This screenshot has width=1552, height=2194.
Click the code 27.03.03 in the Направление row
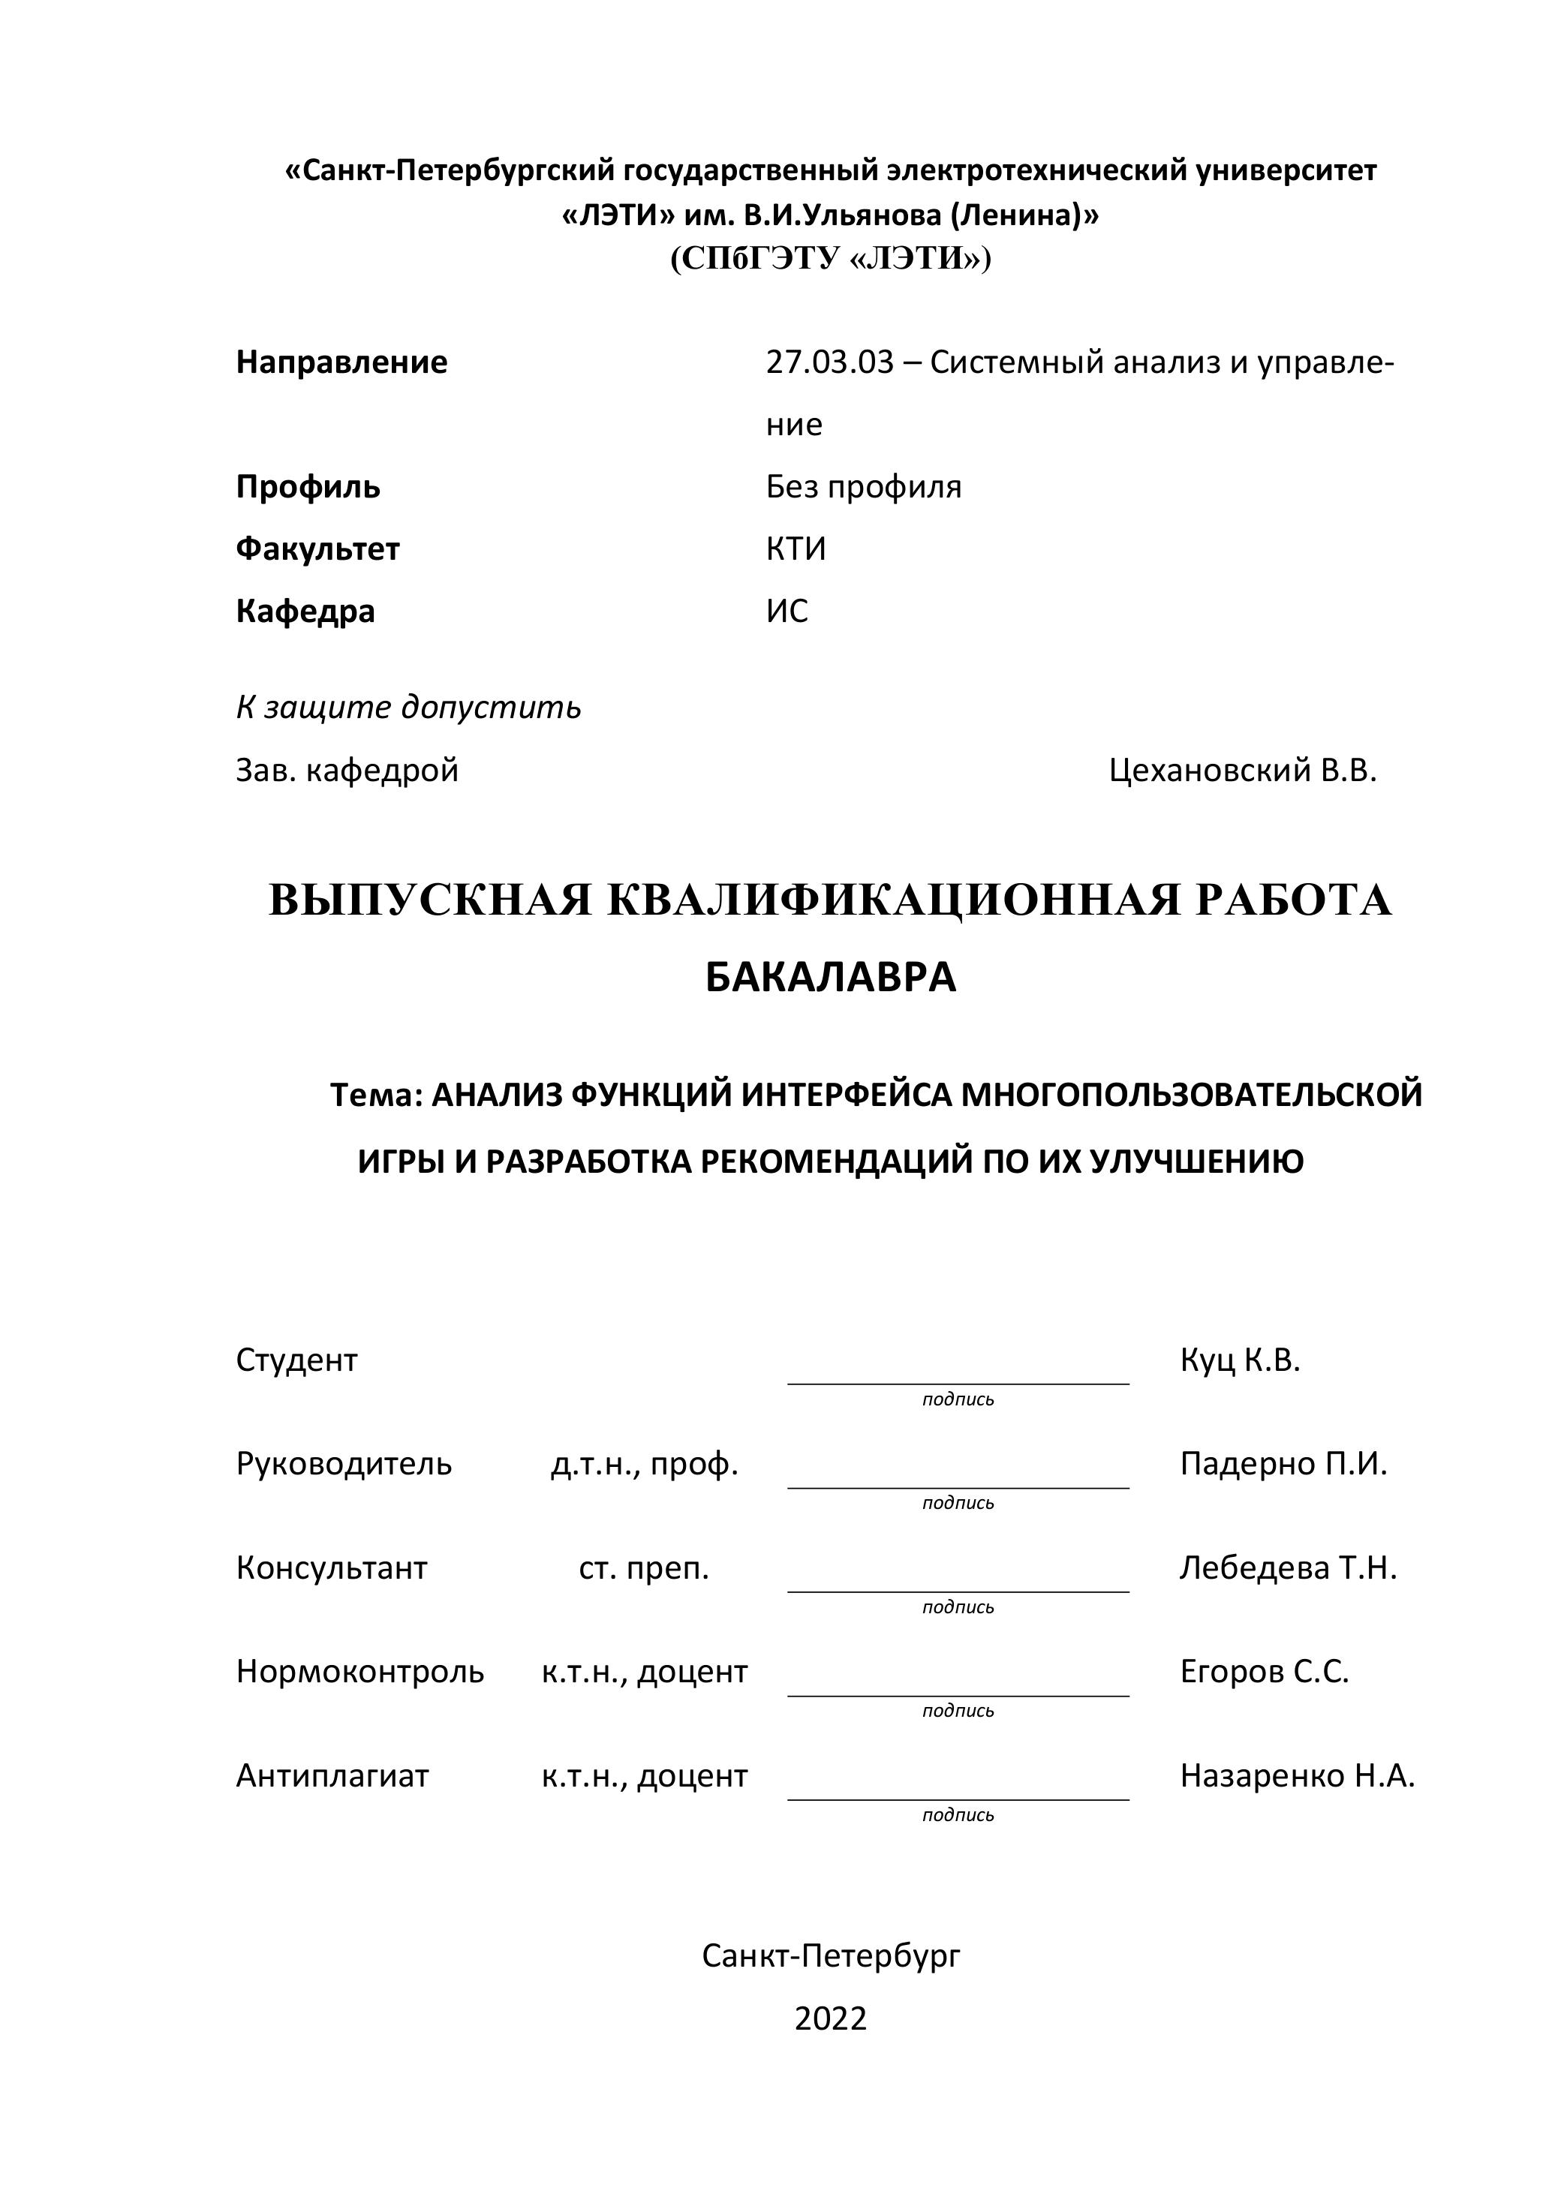[x=829, y=362]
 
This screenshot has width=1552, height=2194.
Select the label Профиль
[x=308, y=487]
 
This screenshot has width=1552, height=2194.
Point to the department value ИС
[x=787, y=612]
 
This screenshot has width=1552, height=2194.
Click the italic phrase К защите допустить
[x=408, y=708]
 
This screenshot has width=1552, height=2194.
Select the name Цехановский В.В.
[x=1242, y=770]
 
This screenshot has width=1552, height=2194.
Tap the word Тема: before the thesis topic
[x=375, y=1095]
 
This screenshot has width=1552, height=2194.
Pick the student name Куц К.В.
[x=1240, y=1360]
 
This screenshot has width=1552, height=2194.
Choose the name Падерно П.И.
[x=1283, y=1464]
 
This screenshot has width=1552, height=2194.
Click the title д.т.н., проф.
[x=644, y=1464]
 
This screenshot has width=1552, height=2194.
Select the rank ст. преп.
[x=644, y=1568]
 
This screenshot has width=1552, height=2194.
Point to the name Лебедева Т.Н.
[x=1287, y=1568]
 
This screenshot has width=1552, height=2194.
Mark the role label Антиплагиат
[x=332, y=1776]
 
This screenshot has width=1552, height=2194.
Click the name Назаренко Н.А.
[x=1296, y=1776]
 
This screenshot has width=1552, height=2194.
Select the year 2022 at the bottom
[x=831, y=2019]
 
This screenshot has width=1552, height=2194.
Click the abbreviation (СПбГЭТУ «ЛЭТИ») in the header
[x=831, y=259]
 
